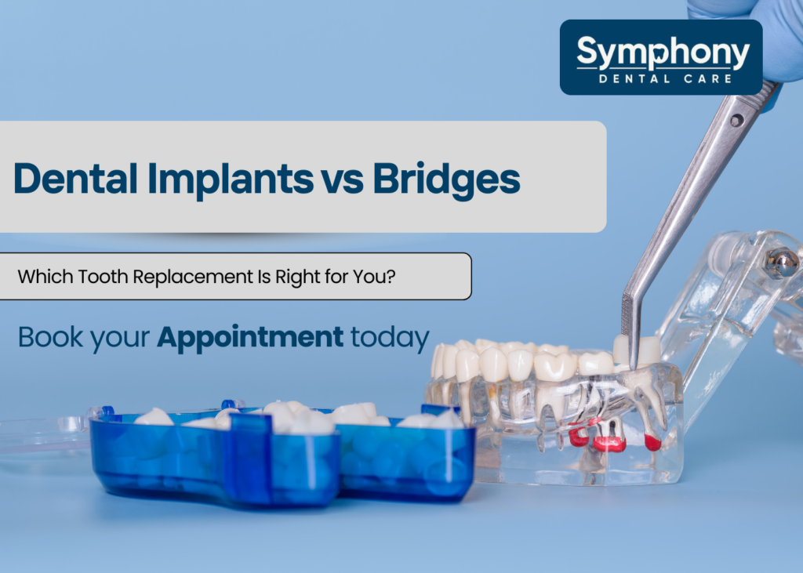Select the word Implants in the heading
point(229,179)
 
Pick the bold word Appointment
point(250,337)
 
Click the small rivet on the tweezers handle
point(735,120)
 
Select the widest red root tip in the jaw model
point(609,444)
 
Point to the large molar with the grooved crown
point(556,365)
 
